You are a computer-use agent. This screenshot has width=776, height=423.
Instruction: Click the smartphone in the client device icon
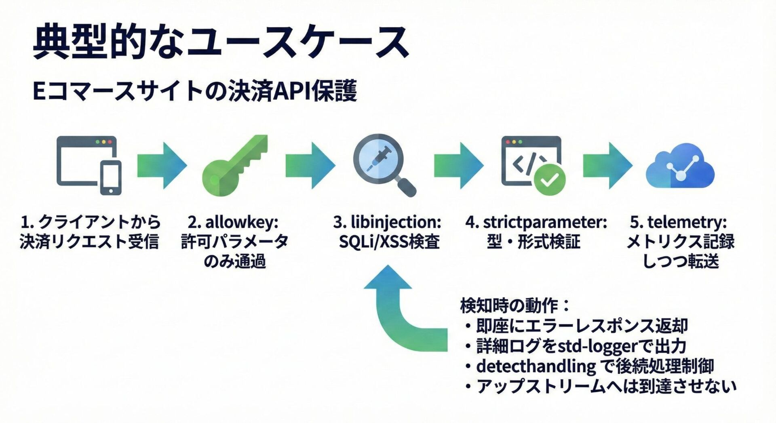click(111, 178)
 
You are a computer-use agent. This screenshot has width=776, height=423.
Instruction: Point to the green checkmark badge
click(550, 179)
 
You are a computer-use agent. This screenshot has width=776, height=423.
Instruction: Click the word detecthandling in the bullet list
click(536, 366)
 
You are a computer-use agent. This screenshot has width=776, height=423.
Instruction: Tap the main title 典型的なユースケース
click(220, 42)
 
